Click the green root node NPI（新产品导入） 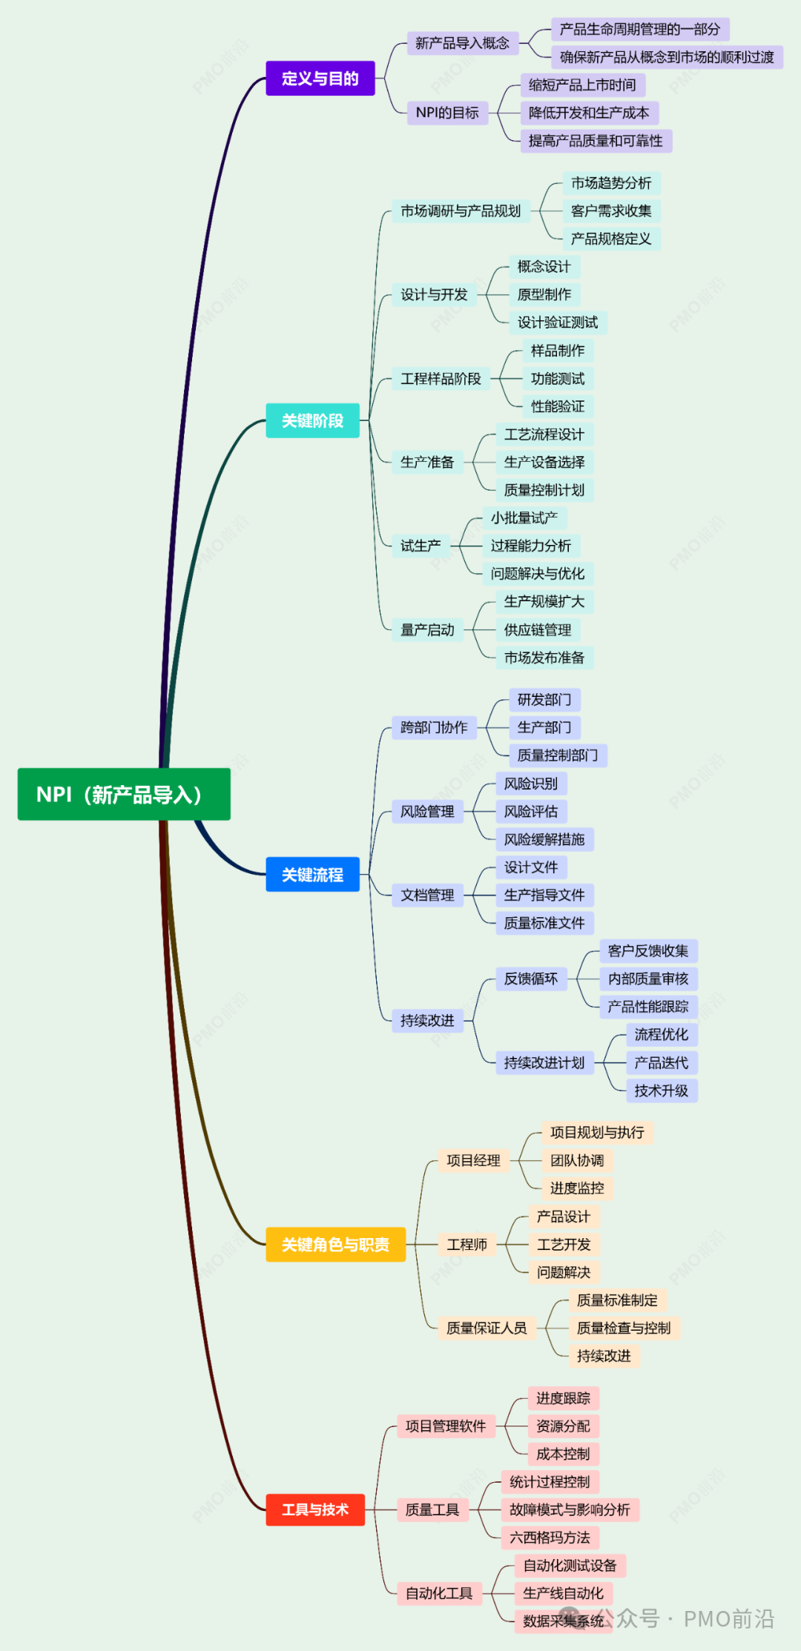coord(124,795)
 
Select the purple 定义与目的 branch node coord(320,79)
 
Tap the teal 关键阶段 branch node coord(312,421)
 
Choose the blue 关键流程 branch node coord(312,875)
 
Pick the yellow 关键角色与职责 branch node coord(335,1245)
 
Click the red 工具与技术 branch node coord(315,1509)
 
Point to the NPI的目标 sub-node coord(447,113)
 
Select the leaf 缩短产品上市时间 coord(582,85)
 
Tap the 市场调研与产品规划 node coord(461,211)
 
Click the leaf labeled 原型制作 coord(544,294)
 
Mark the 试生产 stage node coord(421,546)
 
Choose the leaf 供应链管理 coord(538,630)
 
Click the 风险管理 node coord(427,812)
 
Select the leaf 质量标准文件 coord(544,923)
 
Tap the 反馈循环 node coord(531,979)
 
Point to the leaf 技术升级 coord(662,1091)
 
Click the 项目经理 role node coord(473,1160)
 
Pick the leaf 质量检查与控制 coord(624,1328)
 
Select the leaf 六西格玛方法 coord(550,1538)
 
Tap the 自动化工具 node coord(439,1593)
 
